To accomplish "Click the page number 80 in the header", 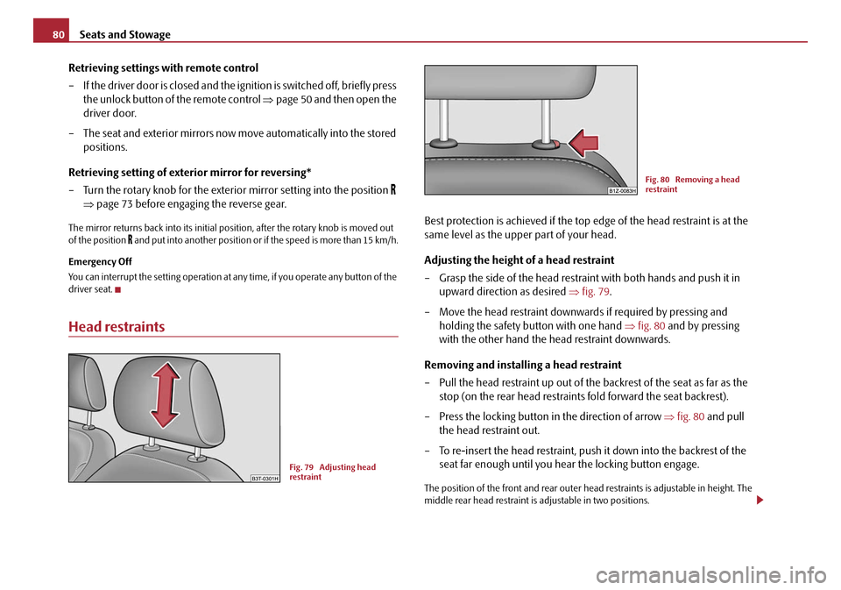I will pyautogui.click(x=50, y=34).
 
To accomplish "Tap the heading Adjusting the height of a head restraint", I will pyautogui.click(x=520, y=260).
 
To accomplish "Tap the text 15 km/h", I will pyautogui.click(x=379, y=240).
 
